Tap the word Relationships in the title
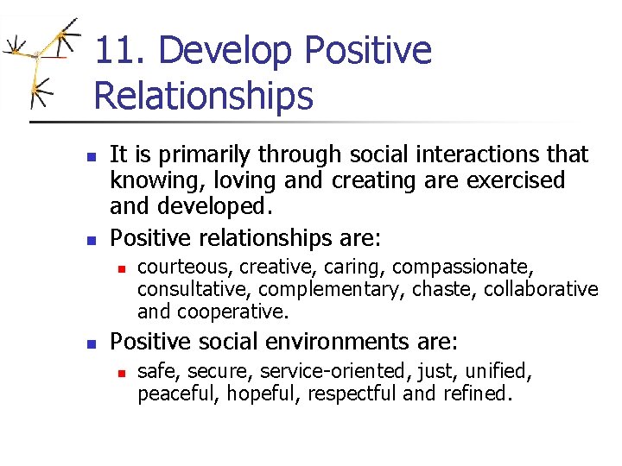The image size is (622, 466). click(x=203, y=95)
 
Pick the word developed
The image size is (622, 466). click(x=213, y=206)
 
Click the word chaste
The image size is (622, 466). click(x=444, y=289)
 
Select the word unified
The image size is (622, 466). click(x=498, y=372)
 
